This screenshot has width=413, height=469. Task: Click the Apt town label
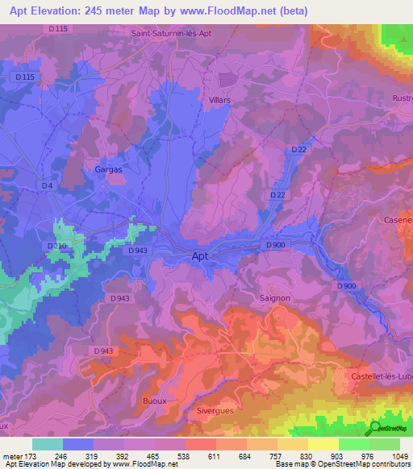tap(203, 256)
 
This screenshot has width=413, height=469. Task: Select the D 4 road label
tap(47, 187)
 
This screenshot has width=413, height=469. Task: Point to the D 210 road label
tap(56, 246)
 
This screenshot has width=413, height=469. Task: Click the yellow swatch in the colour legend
tap(323, 444)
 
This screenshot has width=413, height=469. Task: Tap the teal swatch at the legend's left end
tap(48, 444)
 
